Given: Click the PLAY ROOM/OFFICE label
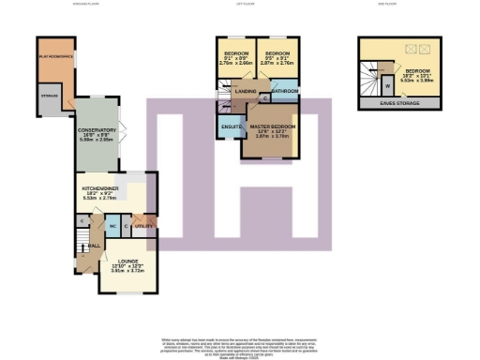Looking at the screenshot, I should point(56,57).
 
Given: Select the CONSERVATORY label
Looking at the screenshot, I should point(97,130).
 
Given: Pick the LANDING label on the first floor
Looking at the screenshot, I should point(246,91).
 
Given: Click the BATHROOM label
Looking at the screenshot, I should point(285,91).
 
